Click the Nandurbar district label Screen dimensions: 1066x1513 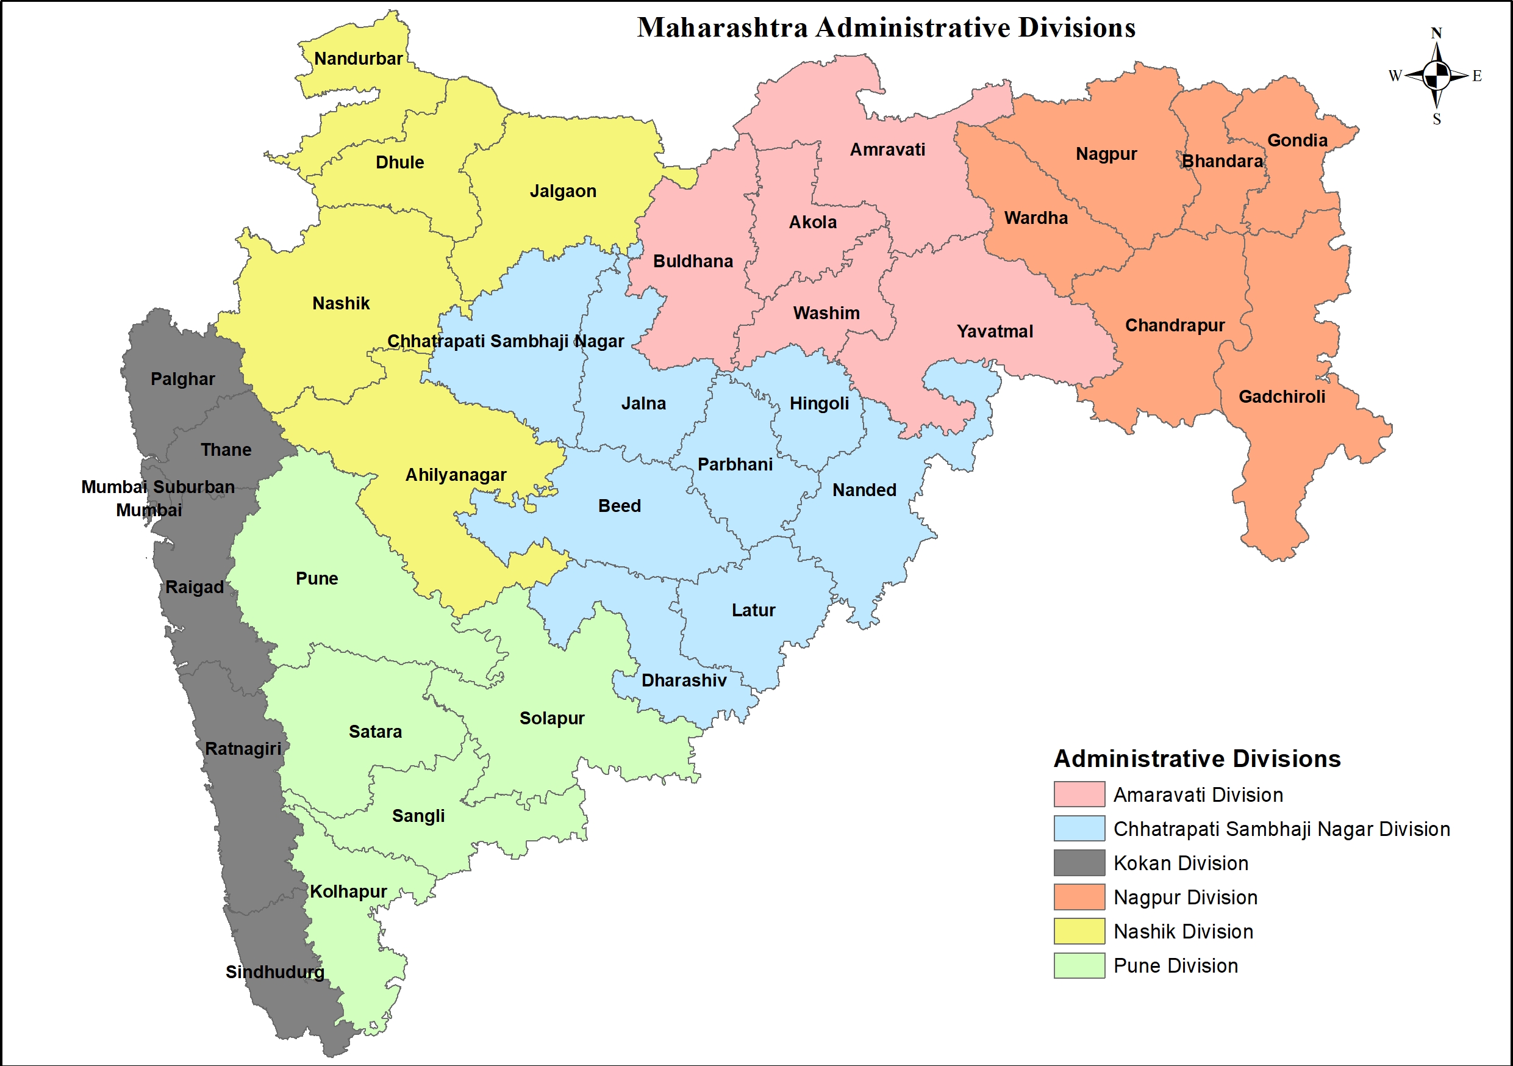358,59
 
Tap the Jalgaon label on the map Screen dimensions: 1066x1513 563,191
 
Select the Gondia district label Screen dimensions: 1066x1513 1297,140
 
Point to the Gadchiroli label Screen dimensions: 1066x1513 1282,397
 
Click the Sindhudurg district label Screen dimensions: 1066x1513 275,972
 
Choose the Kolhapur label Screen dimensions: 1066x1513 348,891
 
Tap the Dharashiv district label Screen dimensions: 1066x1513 684,680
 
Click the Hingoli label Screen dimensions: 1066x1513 819,403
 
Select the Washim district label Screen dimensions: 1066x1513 826,313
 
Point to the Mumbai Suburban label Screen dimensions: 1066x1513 157,487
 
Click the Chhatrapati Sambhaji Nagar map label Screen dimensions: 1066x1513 505,341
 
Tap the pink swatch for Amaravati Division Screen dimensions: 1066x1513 1079,794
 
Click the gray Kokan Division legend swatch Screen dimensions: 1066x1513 1079,862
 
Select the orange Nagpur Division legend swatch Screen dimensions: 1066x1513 1079,896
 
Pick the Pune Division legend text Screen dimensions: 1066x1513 1175,966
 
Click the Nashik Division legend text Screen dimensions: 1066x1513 1183,932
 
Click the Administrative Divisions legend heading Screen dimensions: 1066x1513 1196,759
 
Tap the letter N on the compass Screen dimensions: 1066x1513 1437,33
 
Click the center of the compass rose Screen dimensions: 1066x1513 1437,75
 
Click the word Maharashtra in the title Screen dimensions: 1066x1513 722,27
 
